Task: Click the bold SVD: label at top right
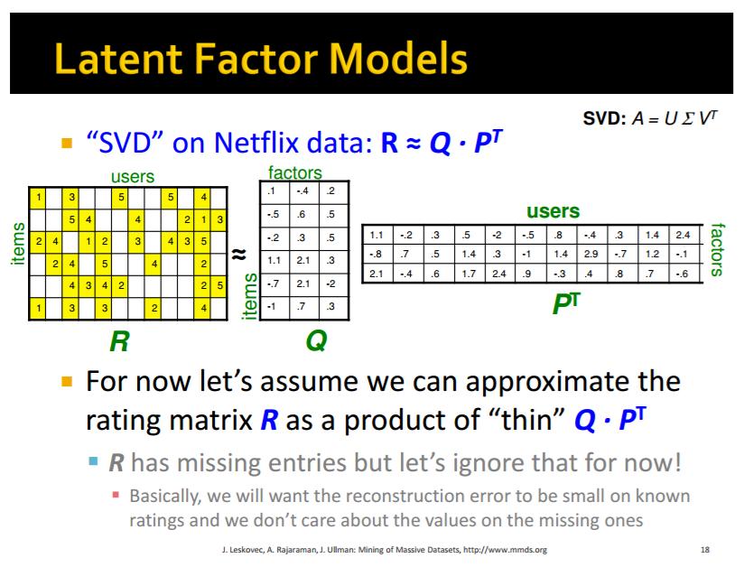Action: [x=605, y=118]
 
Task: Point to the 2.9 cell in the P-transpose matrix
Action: [x=591, y=254]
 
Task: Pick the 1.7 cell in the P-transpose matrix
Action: [x=469, y=274]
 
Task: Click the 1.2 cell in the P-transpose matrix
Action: [x=652, y=254]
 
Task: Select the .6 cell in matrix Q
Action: [x=301, y=215]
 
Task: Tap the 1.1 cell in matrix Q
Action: [x=274, y=260]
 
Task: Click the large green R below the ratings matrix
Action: [x=119, y=341]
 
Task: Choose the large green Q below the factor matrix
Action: [x=316, y=340]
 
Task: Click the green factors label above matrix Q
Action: [x=294, y=172]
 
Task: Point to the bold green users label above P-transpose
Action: [x=553, y=211]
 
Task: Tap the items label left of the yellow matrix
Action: [x=18, y=244]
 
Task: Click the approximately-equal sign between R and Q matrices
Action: [x=238, y=255]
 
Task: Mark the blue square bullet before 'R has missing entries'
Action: [x=94, y=461]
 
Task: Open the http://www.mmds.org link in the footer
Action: [x=505, y=550]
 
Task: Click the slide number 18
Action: [x=705, y=550]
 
